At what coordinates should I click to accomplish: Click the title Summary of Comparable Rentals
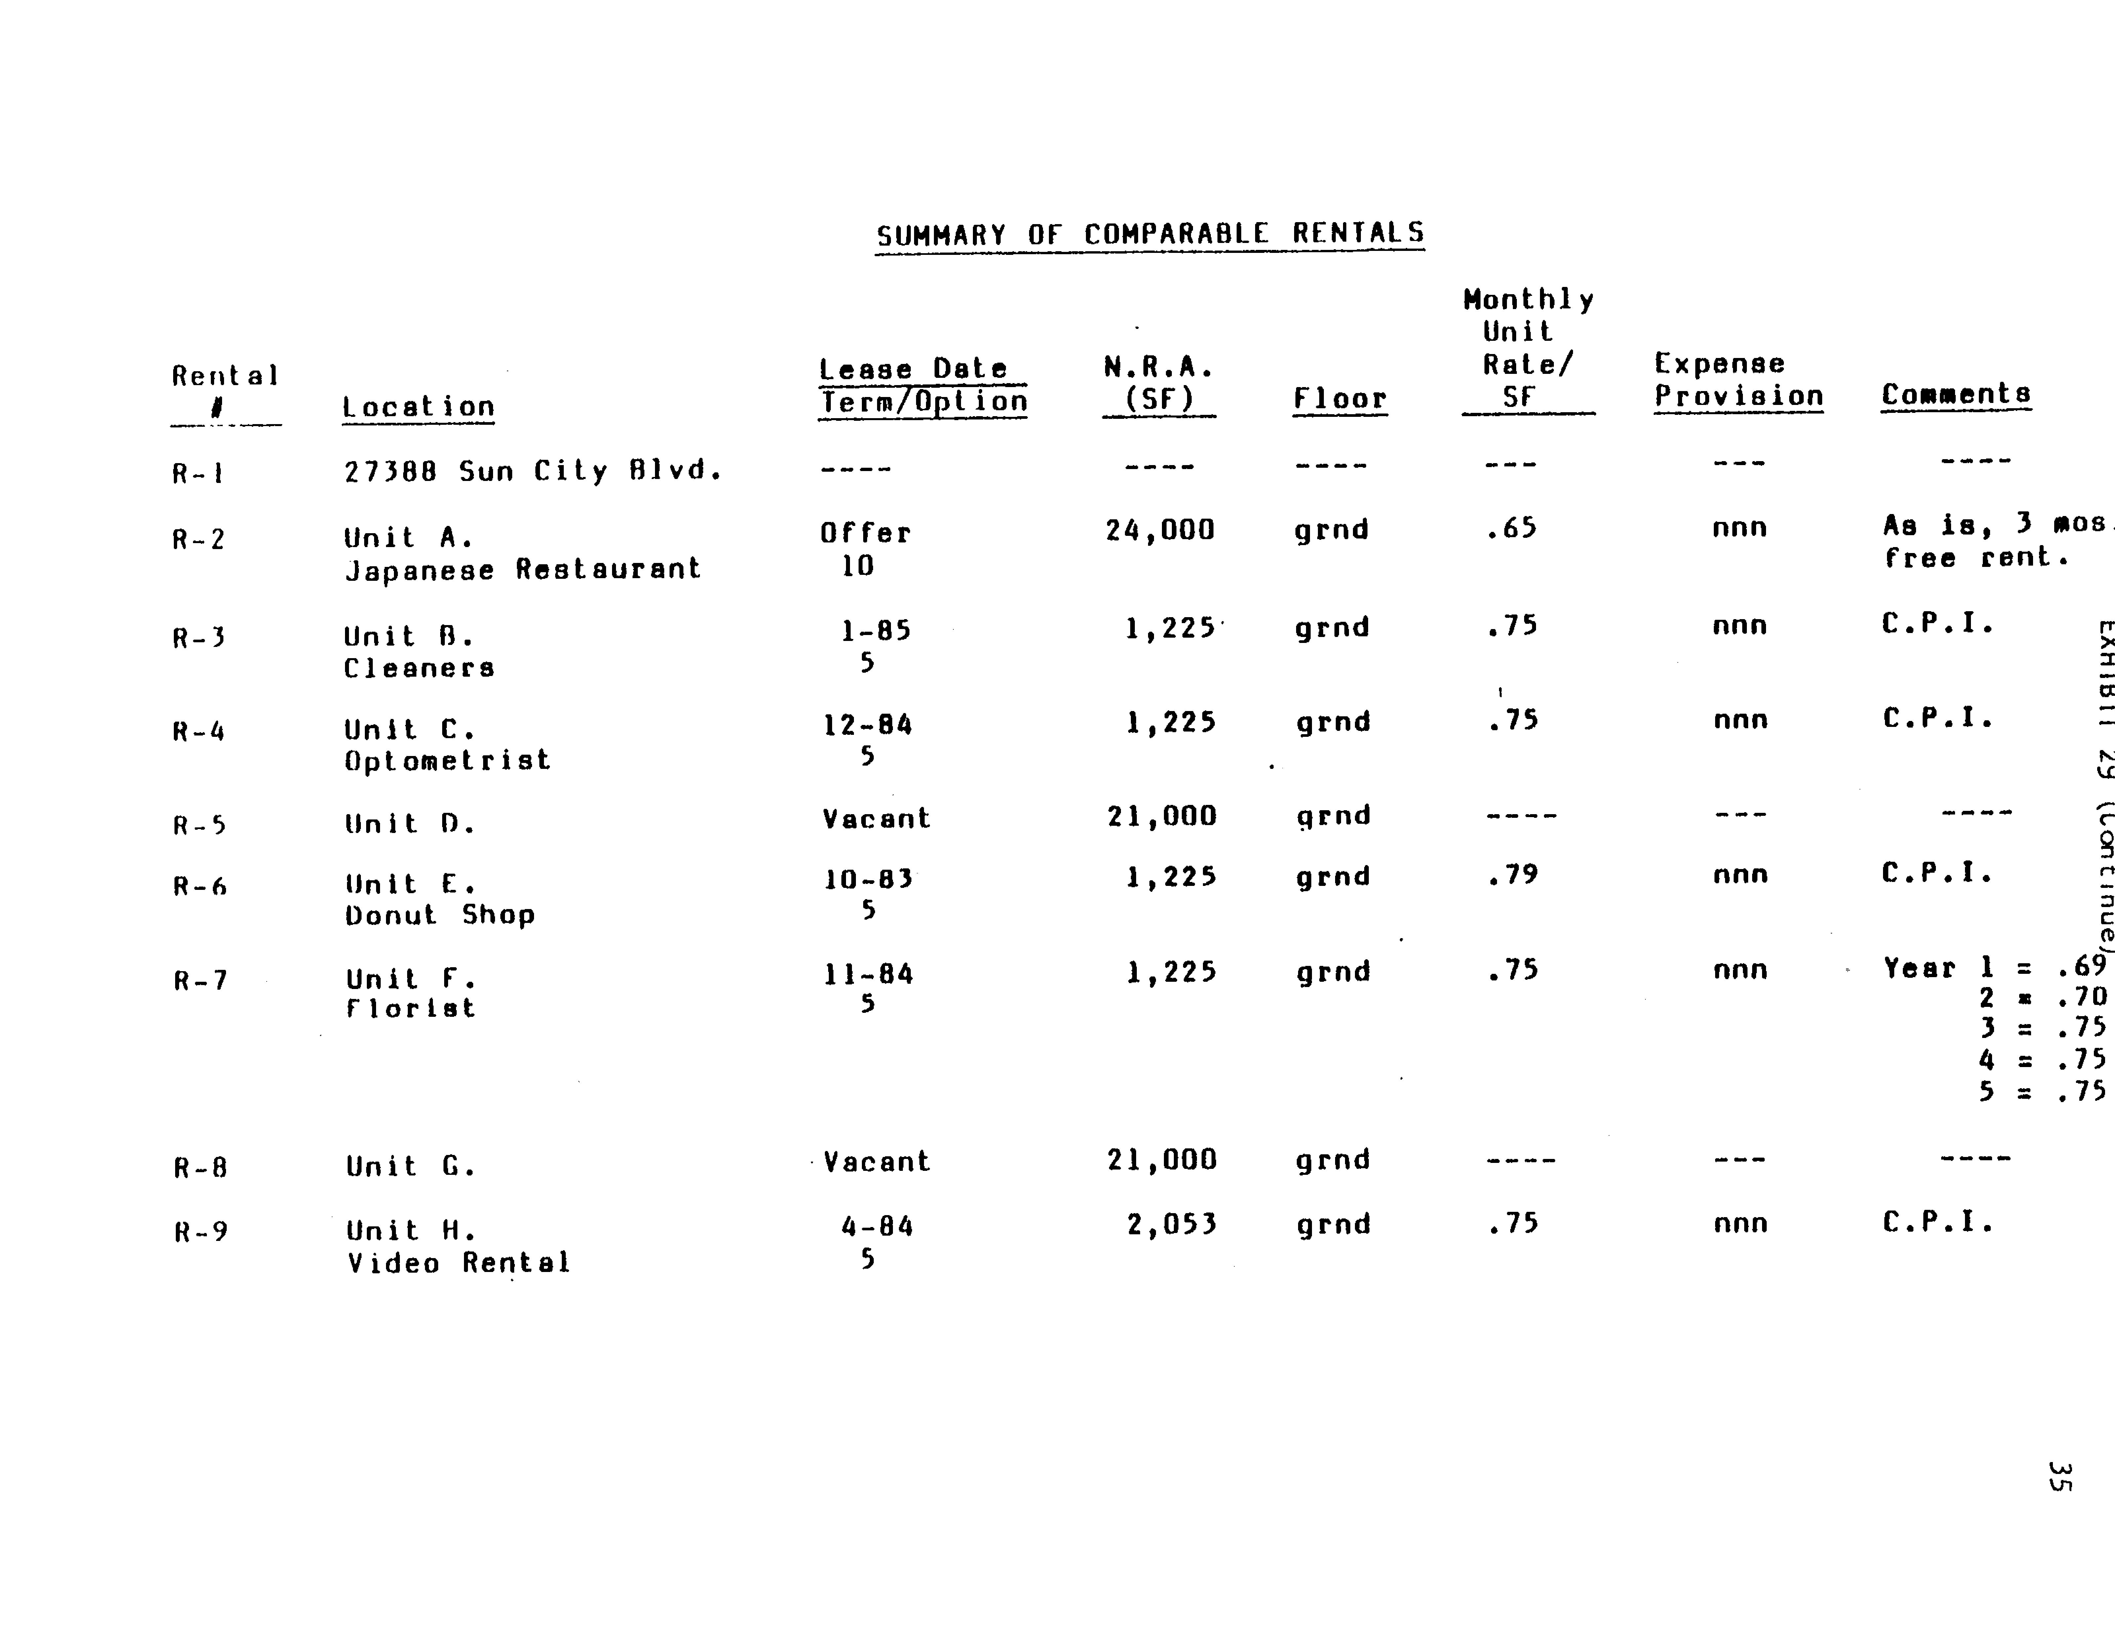1149,234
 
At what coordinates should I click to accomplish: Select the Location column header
418,407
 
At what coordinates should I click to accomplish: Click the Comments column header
1955,394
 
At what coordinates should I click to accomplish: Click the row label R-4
199,731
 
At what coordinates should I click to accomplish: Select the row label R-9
201,1232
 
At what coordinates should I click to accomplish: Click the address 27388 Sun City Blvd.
533,472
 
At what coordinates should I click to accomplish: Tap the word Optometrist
447,760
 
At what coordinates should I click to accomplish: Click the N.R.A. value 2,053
1171,1225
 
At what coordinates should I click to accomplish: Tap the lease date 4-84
876,1227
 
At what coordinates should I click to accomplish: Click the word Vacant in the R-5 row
875,818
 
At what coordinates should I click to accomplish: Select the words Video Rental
458,1263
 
